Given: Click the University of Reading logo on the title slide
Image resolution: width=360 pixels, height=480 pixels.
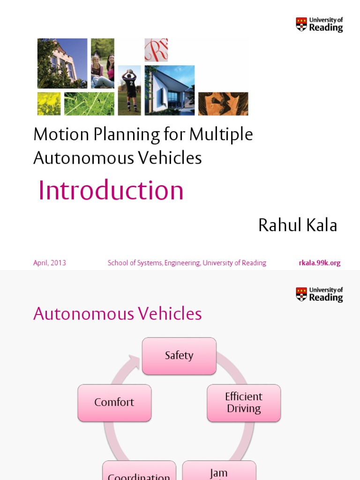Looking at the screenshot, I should click(319, 24).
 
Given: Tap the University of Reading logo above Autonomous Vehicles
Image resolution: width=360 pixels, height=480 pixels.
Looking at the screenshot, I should click(319, 294).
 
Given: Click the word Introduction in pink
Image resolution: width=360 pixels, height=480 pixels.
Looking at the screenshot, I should click(111, 191).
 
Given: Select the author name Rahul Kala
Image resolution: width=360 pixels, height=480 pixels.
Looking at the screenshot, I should click(298, 225).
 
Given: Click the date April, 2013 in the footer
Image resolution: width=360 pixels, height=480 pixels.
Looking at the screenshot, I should click(50, 263).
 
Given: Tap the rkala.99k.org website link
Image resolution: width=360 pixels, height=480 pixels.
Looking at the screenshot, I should click(320, 263).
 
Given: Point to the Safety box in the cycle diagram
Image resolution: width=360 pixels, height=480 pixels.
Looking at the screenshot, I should click(179, 356).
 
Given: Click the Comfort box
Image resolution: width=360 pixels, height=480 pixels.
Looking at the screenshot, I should click(114, 403).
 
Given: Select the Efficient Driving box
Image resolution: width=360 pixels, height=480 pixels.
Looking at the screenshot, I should click(244, 403).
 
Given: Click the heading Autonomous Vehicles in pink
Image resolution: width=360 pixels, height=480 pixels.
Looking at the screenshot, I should click(118, 314).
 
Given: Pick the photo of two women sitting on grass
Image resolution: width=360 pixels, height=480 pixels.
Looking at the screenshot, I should click(103, 63).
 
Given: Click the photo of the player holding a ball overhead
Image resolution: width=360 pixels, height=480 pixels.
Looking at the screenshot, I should click(129, 90).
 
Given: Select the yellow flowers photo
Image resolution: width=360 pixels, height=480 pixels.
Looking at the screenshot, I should click(49, 104).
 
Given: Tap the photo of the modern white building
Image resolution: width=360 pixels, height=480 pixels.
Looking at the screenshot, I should click(169, 90).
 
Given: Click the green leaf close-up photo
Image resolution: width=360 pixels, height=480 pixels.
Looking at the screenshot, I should click(89, 104).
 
